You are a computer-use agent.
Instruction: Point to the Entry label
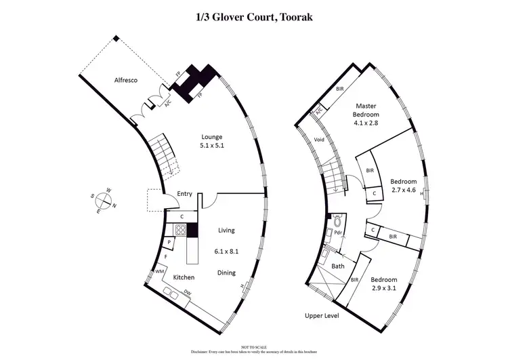tap(184, 194)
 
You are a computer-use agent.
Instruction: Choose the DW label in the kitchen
tap(188, 293)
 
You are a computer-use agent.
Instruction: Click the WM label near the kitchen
tap(160, 271)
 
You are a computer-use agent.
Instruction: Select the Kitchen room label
tap(184, 277)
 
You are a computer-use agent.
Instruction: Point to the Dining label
tap(226, 273)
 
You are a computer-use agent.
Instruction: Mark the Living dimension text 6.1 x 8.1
tap(226, 249)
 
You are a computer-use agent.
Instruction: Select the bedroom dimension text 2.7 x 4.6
tap(402, 191)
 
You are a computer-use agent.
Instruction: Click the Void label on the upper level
tap(320, 140)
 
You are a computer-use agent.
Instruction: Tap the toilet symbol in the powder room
tap(337, 222)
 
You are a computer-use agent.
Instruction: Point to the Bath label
tap(338, 266)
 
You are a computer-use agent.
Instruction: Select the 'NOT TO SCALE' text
tap(253, 346)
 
